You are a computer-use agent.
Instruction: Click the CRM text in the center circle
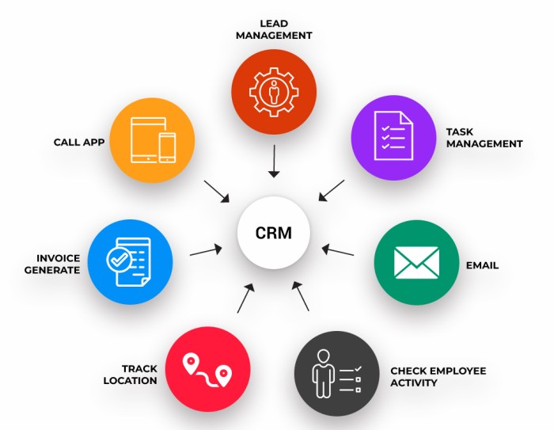click(x=273, y=234)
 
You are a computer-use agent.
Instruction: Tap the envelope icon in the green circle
click(x=416, y=262)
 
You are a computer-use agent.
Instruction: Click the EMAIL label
click(x=482, y=265)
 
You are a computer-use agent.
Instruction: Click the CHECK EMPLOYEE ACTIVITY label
click(x=438, y=376)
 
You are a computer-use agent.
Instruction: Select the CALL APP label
click(x=79, y=143)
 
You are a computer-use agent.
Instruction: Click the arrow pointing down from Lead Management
click(x=273, y=162)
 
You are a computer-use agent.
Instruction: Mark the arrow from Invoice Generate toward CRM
click(x=207, y=251)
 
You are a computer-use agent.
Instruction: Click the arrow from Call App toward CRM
click(x=216, y=191)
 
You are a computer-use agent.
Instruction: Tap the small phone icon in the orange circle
click(x=168, y=147)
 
